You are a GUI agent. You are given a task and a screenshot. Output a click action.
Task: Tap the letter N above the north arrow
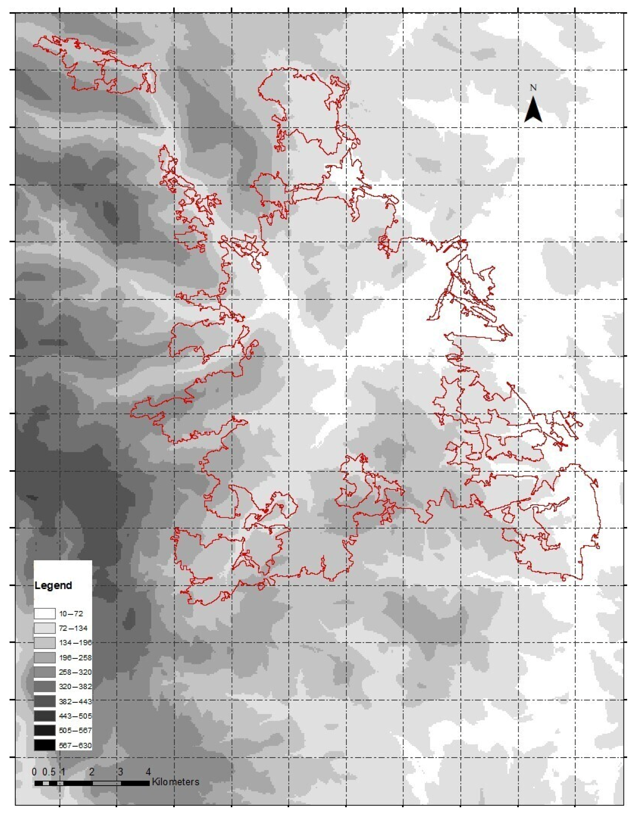533,88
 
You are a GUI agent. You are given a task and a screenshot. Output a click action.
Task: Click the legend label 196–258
75,658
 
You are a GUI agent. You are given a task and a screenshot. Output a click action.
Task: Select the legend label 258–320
75,672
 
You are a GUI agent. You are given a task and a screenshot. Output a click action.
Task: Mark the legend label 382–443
75,701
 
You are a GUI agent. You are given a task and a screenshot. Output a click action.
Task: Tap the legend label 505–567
75,731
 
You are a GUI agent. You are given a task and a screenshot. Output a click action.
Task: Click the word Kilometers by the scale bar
175,782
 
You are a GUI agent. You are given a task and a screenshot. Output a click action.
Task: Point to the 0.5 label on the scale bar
49,772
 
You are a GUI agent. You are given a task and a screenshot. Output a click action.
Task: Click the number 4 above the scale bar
148,772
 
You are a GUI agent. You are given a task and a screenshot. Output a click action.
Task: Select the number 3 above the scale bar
120,772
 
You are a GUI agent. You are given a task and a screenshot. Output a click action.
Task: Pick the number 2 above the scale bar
92,772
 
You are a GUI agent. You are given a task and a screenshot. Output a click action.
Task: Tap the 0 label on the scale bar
34,772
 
